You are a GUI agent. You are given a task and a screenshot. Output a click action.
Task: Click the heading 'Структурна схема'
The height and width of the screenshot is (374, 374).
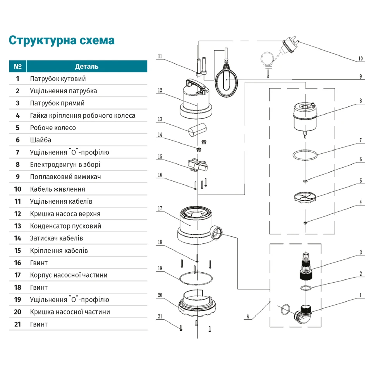coord(62,40)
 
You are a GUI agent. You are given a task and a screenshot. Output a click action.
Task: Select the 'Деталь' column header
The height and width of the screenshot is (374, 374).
coord(87,66)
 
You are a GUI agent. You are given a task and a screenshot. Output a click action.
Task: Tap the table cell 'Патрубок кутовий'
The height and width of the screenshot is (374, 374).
coord(58,79)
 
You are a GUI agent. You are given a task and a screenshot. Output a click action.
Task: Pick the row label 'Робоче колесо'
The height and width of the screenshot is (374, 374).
coord(53,128)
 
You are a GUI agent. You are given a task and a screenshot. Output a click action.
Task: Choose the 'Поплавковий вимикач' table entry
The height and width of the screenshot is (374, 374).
coord(63,177)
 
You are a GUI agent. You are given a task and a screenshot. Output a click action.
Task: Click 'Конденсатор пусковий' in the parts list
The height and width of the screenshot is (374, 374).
coord(65,226)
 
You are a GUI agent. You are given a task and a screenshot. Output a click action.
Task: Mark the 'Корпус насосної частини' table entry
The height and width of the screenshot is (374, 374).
coord(69,275)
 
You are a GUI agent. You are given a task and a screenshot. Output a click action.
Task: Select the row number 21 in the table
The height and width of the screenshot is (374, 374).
coord(17,324)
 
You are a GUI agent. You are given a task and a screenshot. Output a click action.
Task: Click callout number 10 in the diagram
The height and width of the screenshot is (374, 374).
coord(360,59)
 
